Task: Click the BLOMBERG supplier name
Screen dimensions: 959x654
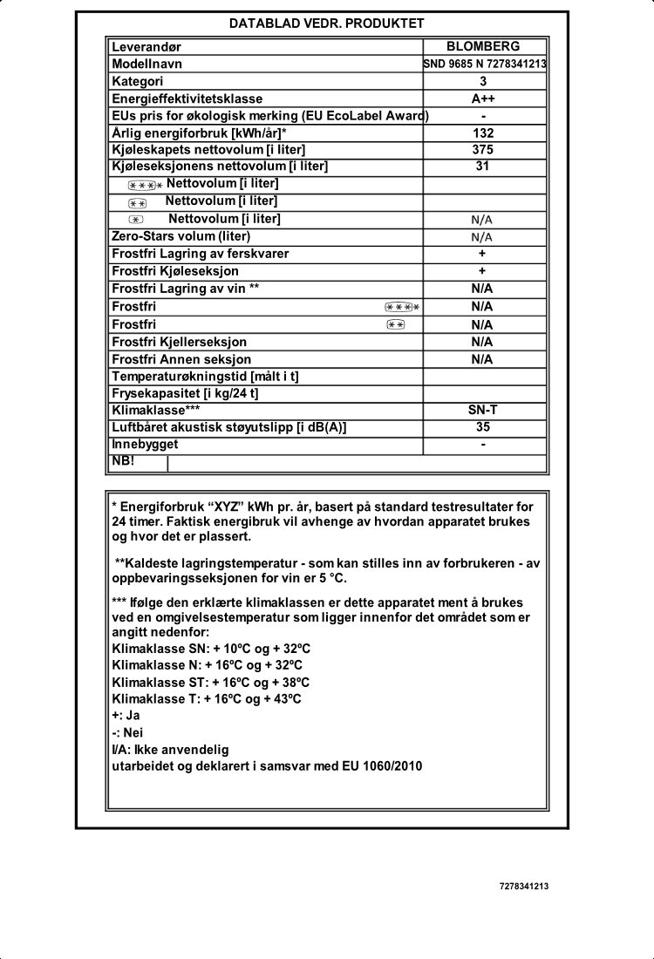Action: point(482,46)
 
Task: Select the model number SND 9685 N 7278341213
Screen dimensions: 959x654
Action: point(485,65)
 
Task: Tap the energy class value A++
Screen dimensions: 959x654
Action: point(482,99)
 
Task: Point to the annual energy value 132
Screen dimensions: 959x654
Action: point(482,133)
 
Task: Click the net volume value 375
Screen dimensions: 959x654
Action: point(482,150)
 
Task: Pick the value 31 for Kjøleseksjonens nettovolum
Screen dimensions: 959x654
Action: point(482,167)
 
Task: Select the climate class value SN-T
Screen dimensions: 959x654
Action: point(482,410)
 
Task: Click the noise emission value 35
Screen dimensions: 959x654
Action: point(482,427)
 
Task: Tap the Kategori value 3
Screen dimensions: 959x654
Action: point(482,82)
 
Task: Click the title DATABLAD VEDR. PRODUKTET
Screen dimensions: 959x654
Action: point(327,24)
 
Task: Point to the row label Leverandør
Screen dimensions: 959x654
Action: point(146,47)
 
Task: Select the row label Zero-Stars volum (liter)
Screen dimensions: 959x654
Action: point(181,236)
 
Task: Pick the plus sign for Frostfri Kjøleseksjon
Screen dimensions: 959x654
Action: point(482,271)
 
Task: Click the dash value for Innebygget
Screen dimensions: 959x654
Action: point(482,444)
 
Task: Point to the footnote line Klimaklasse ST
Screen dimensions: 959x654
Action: point(211,683)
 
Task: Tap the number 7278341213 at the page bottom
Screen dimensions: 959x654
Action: point(524,886)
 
